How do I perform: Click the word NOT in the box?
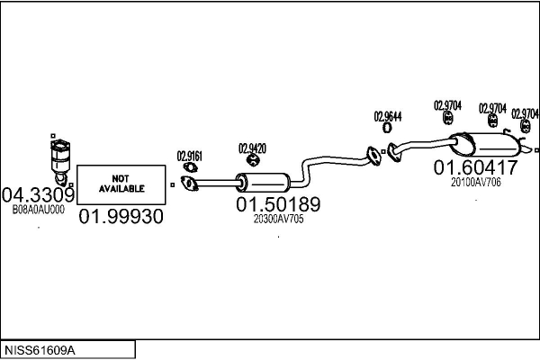(x=121, y=176)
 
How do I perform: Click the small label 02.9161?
(x=189, y=155)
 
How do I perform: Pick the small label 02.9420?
(x=251, y=148)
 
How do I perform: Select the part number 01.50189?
(x=278, y=204)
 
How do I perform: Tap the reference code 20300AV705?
(x=278, y=219)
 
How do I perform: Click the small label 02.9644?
(x=388, y=116)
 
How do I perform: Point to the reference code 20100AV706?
(x=475, y=183)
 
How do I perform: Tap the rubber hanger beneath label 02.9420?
(x=253, y=161)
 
